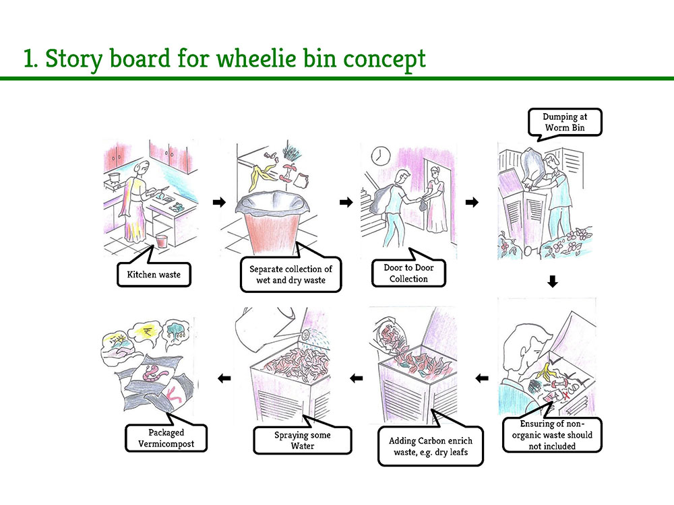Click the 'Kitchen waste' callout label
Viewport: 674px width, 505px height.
pos(154,275)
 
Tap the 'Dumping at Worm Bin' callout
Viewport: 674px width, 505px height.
pos(564,122)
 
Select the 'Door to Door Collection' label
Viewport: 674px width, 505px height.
pos(408,273)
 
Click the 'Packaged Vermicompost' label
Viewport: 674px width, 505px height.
pos(166,439)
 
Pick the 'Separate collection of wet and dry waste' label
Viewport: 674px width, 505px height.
pos(290,275)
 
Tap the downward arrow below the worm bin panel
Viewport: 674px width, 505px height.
pos(553,281)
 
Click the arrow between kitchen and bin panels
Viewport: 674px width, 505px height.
pos(218,202)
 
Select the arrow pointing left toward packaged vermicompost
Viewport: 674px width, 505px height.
pos(224,379)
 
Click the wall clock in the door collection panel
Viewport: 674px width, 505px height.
pos(378,155)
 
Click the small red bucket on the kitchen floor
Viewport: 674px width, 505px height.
pos(161,240)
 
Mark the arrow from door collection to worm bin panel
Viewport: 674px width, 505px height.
pos(472,202)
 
